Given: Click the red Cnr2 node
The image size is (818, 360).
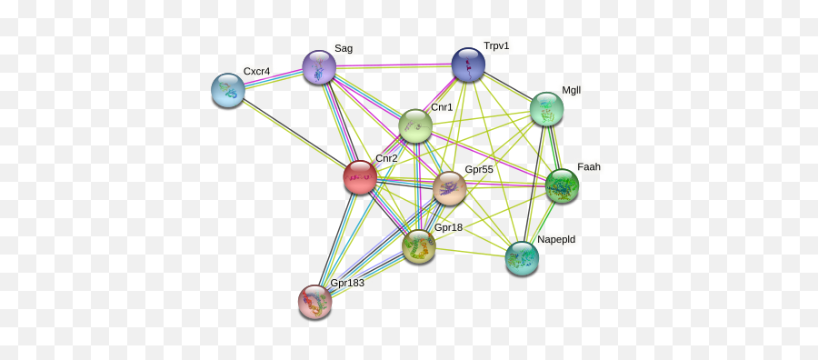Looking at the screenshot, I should point(360,177).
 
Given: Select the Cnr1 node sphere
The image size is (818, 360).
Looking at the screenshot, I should point(415,126).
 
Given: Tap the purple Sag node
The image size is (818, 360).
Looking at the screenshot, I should point(319,67).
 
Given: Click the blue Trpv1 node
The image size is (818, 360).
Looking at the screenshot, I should point(468,65).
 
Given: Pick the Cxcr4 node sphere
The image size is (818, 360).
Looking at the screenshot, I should point(228,90).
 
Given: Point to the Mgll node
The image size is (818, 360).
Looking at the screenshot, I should point(547,109).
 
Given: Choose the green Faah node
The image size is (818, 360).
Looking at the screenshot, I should point(562,185).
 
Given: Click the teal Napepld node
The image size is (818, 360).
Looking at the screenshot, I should point(522,258).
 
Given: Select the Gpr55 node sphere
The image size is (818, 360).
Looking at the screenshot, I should point(449,188).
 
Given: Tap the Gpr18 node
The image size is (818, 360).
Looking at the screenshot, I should point(419,246).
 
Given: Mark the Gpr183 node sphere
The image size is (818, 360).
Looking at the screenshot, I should point(315,302).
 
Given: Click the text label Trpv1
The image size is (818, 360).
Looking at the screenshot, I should point(496,45).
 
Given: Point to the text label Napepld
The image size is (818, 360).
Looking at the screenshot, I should point(555,240).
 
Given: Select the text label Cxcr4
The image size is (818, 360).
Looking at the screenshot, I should point(256,72).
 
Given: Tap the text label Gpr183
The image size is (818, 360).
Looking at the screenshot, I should point(347,284).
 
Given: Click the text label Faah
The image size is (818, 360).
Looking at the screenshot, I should point(588,167).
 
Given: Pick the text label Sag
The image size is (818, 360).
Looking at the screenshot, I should point(344,49).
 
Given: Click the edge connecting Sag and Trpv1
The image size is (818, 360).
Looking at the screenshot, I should point(394,65).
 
